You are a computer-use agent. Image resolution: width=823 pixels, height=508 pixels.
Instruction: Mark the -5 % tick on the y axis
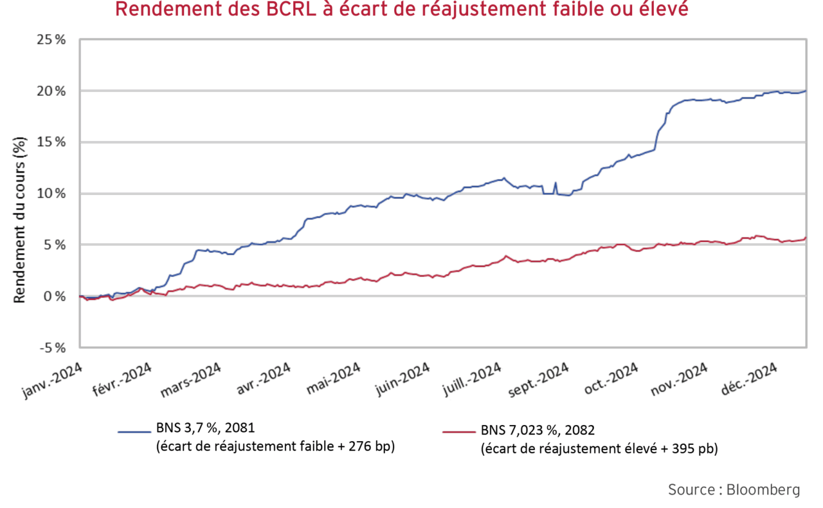click(x=53, y=348)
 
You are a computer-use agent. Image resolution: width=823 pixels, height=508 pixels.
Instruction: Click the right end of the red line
click(x=805, y=238)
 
